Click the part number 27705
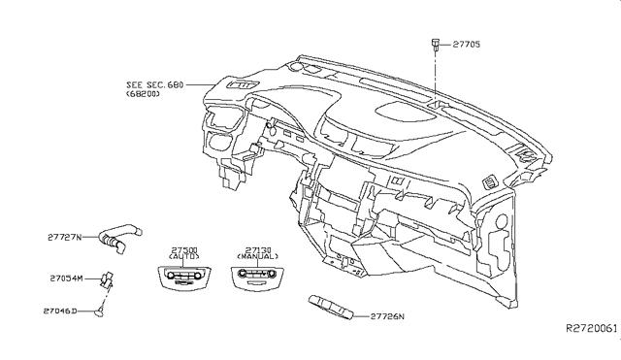click(x=467, y=44)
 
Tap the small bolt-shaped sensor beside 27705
click(x=436, y=45)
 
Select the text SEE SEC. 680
click(x=155, y=84)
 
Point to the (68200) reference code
click(x=143, y=94)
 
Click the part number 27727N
click(x=65, y=238)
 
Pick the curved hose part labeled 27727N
click(x=118, y=236)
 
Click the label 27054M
click(x=67, y=278)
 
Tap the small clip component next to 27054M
click(x=107, y=278)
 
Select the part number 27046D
click(x=60, y=311)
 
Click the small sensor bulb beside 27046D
click(x=99, y=311)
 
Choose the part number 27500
click(x=184, y=250)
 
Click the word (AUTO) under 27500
click(x=183, y=256)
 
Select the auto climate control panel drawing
click(x=183, y=278)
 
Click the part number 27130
click(x=258, y=250)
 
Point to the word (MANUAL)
click(x=257, y=256)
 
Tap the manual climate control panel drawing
click(x=257, y=278)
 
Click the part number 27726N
click(x=387, y=316)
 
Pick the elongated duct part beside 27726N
click(x=331, y=307)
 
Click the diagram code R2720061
click(x=591, y=328)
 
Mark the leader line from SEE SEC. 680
click(x=201, y=84)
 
